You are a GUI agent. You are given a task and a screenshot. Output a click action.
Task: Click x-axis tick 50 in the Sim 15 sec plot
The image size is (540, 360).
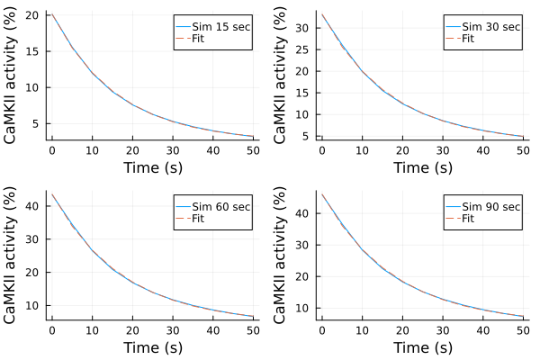(x=252, y=149)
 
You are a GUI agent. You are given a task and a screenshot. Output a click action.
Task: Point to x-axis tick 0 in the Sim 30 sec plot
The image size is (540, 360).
(x=322, y=149)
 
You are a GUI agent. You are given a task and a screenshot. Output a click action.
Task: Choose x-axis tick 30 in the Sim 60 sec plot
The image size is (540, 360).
(x=172, y=329)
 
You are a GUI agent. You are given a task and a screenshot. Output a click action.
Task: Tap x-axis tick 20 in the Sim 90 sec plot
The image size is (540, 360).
(x=401, y=329)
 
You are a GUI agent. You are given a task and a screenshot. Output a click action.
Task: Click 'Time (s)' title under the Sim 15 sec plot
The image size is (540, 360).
(x=151, y=166)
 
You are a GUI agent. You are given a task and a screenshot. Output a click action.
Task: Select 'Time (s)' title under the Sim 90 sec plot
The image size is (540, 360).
(x=421, y=346)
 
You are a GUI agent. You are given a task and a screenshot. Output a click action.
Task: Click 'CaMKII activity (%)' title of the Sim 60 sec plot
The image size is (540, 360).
(x=13, y=255)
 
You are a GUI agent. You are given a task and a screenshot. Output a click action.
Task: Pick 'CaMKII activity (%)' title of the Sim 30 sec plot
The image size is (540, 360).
(x=283, y=75)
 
